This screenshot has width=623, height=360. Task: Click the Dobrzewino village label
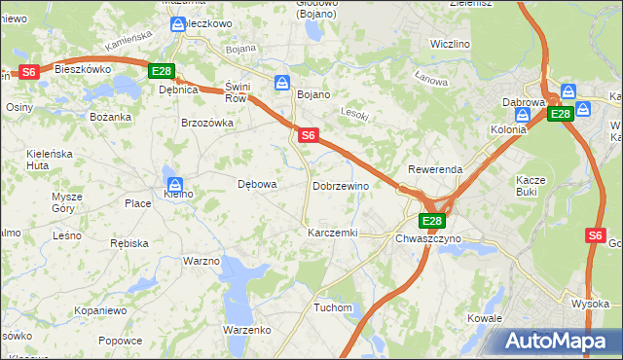pos(340,186)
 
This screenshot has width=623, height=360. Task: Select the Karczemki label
pos(332,234)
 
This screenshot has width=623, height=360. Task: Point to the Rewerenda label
pos(435,169)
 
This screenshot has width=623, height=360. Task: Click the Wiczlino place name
pos(450,45)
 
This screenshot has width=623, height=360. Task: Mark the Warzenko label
pos(246,330)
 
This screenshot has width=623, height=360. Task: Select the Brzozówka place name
pos(207,124)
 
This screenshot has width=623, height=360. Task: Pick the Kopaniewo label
pos(100,310)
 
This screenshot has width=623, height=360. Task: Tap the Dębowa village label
pos(258,184)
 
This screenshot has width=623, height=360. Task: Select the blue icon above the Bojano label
pos(281,82)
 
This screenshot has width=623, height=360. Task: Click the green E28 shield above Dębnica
pos(162,71)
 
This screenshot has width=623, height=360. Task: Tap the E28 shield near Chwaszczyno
pos(433,221)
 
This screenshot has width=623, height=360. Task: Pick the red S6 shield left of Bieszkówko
pos(28,71)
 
